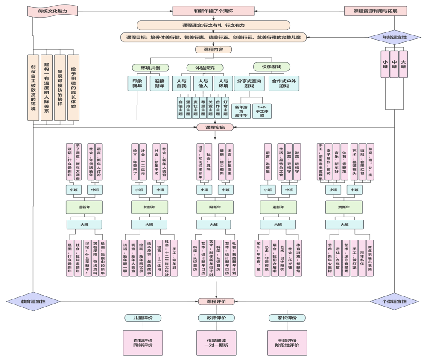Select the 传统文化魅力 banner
click(52, 11)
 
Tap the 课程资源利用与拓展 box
click(375, 11)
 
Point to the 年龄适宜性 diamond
click(394, 38)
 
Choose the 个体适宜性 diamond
click(394, 301)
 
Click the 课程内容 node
click(213, 50)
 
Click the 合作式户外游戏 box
click(284, 83)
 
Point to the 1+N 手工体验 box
click(263, 112)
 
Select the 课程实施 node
click(215, 127)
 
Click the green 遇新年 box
click(84, 208)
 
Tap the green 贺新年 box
click(344, 208)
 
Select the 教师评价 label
click(216, 318)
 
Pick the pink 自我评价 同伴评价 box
click(143, 342)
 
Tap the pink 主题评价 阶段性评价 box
click(287, 342)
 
